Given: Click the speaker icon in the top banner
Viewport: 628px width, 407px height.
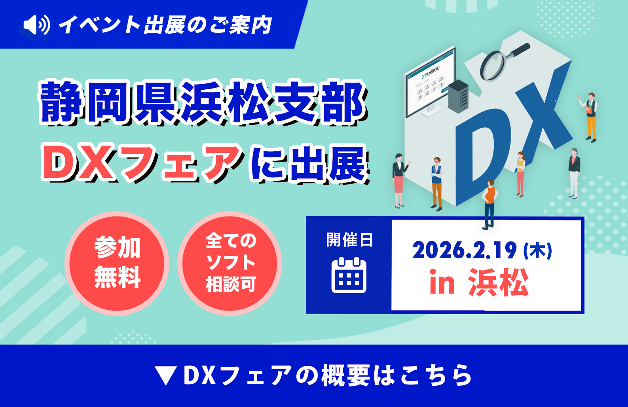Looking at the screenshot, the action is click(x=37, y=25).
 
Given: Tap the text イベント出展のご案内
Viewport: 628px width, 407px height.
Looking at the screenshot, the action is click(x=165, y=25).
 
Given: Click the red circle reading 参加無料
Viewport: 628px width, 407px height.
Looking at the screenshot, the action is click(x=117, y=263).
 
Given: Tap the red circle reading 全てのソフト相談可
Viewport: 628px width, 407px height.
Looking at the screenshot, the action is click(x=230, y=263).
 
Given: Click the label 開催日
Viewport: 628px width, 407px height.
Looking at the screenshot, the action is click(x=349, y=240).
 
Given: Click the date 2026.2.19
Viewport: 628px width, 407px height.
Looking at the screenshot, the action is click(x=465, y=251).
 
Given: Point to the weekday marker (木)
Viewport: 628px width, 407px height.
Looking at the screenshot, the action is click(x=538, y=251).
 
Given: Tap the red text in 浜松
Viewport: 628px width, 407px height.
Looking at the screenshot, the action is click(x=479, y=283).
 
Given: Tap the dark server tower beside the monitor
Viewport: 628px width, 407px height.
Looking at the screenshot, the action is click(x=458, y=96).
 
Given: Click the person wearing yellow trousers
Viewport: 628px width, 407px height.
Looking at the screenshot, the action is click(x=590, y=118).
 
